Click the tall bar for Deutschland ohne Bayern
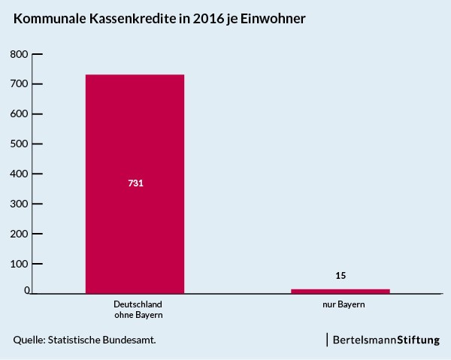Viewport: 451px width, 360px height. point(135,184)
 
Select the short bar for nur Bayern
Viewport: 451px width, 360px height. point(341,292)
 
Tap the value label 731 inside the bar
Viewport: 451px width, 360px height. point(135,183)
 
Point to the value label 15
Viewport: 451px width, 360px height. point(341,276)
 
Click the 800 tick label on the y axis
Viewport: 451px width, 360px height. point(19,54)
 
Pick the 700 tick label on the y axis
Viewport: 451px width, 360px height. point(19,84)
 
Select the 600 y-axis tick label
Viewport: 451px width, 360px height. point(19,114)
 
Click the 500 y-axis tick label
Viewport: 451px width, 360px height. point(19,144)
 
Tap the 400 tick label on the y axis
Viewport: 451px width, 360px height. point(19,174)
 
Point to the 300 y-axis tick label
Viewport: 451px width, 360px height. point(19,204)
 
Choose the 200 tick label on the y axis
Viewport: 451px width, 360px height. point(19,234)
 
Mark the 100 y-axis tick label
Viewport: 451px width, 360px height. point(19,264)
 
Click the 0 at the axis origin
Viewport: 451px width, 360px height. point(27,290)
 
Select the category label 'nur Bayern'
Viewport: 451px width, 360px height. point(344,304)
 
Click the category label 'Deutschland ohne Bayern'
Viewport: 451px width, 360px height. point(138,310)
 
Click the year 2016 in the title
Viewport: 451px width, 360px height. point(208,19)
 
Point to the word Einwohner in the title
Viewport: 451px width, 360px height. point(273,19)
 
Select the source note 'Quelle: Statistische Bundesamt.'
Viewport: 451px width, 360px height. point(84,340)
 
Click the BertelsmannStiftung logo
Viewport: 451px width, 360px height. point(386,340)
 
